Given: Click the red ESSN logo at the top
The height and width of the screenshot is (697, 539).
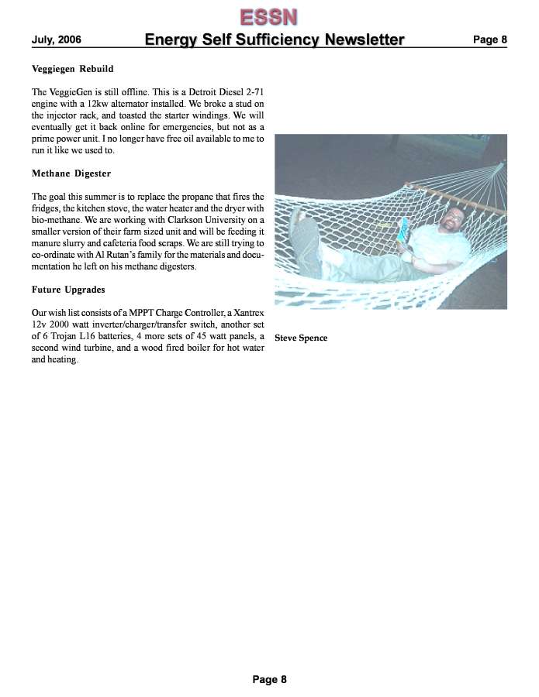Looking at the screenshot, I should pyautogui.click(x=268, y=16).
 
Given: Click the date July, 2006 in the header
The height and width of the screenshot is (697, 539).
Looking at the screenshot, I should pyautogui.click(x=57, y=40).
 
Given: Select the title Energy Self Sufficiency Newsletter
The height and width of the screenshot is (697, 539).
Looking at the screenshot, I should pyautogui.click(x=274, y=39).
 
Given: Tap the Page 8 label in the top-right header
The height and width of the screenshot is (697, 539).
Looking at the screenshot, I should pyautogui.click(x=489, y=39).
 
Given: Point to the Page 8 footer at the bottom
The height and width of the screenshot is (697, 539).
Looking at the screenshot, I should pyautogui.click(x=269, y=679).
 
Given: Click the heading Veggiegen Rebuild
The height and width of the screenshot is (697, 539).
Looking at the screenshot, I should pyautogui.click(x=72, y=70).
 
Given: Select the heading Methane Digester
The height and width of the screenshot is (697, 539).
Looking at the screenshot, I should pyautogui.click(x=71, y=173).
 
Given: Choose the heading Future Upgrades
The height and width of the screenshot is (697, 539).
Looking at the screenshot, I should pyautogui.click(x=68, y=290).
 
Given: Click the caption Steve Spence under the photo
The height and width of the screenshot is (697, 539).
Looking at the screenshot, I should pyautogui.click(x=301, y=338).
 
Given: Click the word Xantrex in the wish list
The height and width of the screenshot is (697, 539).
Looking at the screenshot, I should pyautogui.click(x=247, y=313).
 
